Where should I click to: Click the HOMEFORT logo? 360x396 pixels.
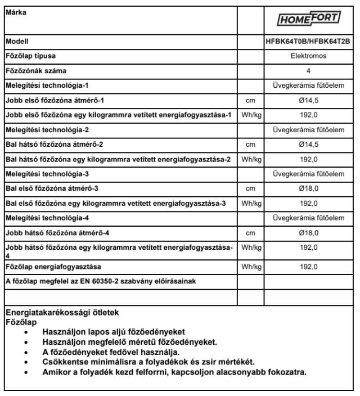coord(308,19)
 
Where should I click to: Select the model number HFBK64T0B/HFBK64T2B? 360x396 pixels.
coord(308,41)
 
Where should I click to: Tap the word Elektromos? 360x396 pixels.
coord(308,56)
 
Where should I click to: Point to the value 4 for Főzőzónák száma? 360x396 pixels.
coord(308,71)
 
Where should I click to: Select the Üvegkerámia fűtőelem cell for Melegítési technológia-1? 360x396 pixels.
coord(308,85)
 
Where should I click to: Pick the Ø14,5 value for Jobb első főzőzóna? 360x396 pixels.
coord(308,100)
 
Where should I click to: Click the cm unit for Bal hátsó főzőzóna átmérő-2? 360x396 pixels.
coord(250,145)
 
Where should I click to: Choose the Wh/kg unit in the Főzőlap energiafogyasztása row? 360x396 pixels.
coord(250,266)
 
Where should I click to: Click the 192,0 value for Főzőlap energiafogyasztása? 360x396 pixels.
coord(308,266)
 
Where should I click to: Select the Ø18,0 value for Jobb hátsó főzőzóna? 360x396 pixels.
coord(308,232)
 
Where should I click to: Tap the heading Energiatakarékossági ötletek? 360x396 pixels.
coord(62,313)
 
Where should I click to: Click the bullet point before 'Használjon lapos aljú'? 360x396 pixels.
coord(26,332)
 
